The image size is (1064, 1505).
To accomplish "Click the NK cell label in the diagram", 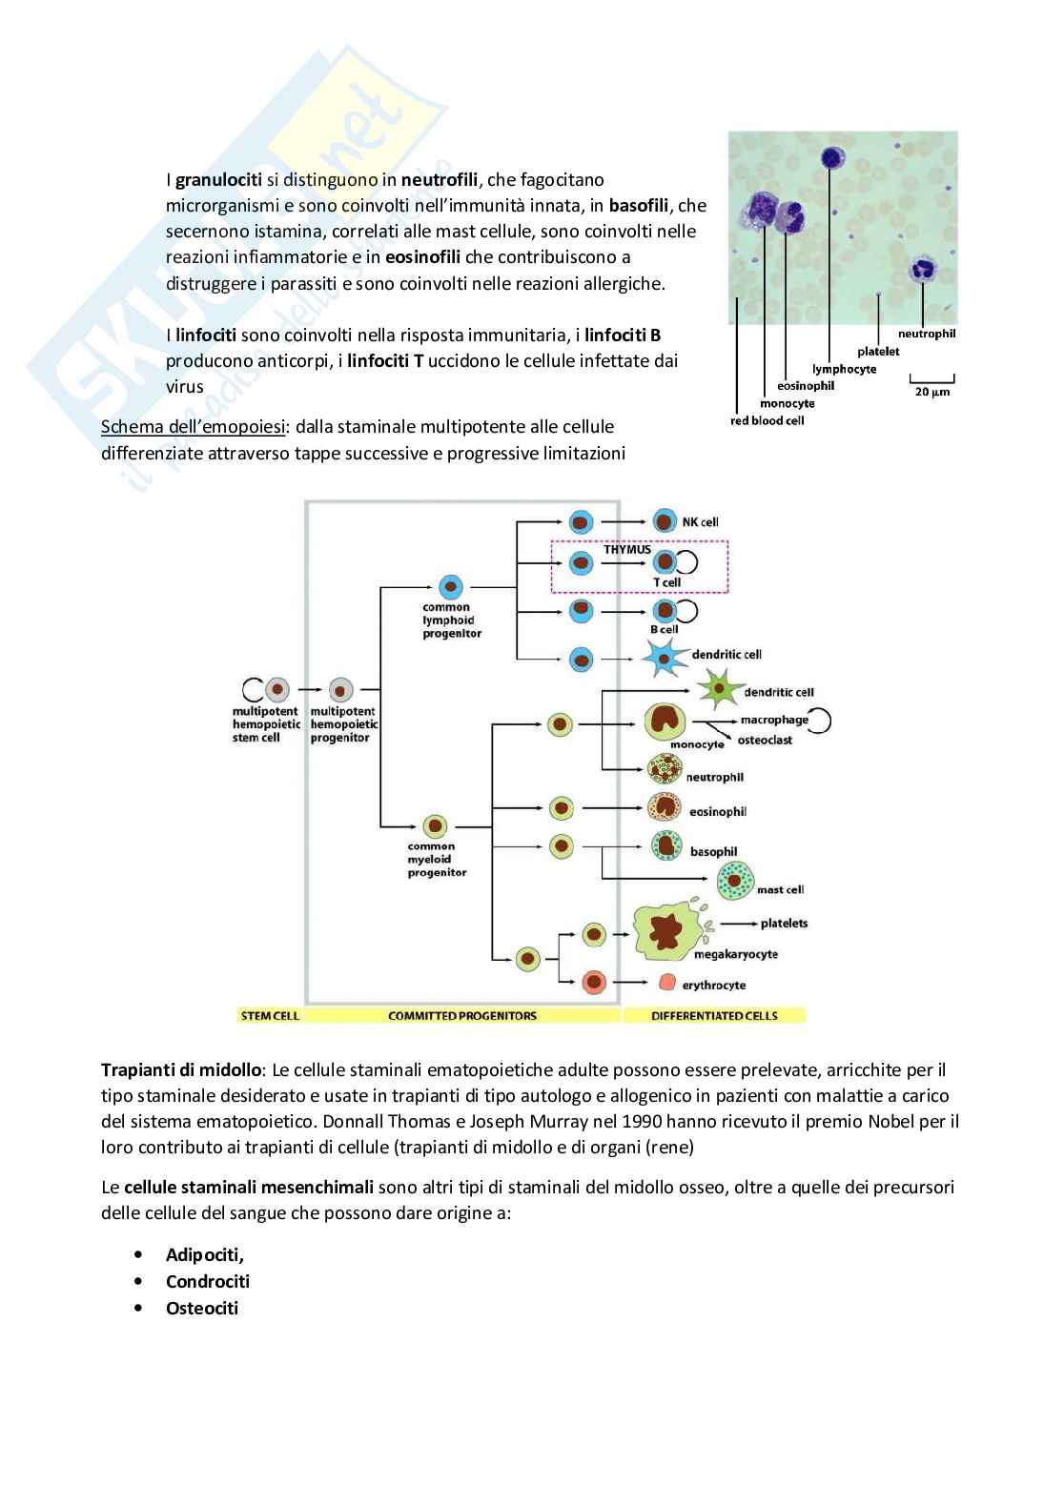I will click(700, 522).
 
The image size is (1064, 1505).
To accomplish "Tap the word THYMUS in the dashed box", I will click(627, 550).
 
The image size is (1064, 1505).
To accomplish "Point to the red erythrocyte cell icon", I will click(667, 983).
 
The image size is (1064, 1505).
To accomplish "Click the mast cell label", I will click(780, 889).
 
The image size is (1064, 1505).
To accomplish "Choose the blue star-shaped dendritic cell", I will click(665, 658).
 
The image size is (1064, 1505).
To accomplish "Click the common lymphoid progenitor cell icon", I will click(450, 587).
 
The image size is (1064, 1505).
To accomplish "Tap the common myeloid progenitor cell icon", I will click(436, 825).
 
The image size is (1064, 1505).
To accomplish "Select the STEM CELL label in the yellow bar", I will click(270, 1016).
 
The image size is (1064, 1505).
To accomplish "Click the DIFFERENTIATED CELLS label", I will click(714, 1016).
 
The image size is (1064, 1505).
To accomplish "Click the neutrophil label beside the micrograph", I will click(926, 334).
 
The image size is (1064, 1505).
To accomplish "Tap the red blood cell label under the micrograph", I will click(767, 420).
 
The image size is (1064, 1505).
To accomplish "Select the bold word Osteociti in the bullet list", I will click(202, 1309).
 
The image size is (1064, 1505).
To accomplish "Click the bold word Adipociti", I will click(204, 1255).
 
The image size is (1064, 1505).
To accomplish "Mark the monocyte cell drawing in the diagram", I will click(666, 722).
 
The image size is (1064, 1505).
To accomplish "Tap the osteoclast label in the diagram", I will click(765, 741).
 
